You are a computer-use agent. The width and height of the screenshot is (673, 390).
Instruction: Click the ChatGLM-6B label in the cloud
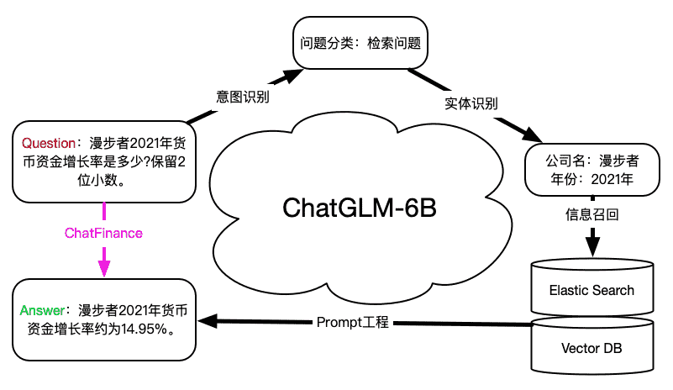click(359, 208)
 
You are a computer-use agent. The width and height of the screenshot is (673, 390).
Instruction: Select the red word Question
click(49, 143)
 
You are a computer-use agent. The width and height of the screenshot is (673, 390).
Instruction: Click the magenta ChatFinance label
click(103, 231)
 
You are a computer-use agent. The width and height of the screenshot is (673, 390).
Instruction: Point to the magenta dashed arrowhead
click(104, 268)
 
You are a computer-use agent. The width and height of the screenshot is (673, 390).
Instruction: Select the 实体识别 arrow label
click(471, 104)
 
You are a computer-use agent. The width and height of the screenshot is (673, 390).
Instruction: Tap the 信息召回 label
click(592, 214)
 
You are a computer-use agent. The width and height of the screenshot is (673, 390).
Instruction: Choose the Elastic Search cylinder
click(592, 291)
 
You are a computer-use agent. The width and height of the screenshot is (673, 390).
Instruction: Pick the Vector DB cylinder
click(592, 347)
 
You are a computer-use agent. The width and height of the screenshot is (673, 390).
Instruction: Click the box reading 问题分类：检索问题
click(360, 41)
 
